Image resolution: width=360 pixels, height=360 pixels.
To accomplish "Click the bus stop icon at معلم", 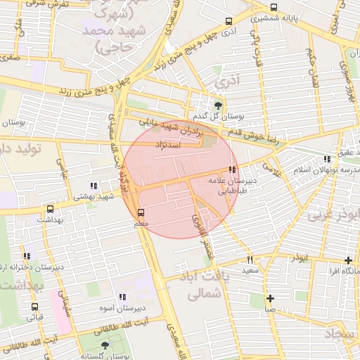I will coord(141,212).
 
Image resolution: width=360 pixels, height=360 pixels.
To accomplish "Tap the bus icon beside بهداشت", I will coord(50,209).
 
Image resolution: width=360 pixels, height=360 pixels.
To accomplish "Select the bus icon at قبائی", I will coord(34,307).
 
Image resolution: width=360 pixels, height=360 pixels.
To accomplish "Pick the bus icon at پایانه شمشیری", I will coord(274,8).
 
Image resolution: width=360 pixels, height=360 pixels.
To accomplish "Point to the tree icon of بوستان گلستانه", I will coord(105,345).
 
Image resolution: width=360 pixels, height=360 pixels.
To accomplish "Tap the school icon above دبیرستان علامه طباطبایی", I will coord(232,169).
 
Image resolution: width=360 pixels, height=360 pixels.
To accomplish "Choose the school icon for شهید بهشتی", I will coord(94,186).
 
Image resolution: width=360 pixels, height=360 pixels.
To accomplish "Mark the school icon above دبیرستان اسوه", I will coord(123,297).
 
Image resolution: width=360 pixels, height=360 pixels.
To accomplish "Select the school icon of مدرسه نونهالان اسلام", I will coord(326,160).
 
